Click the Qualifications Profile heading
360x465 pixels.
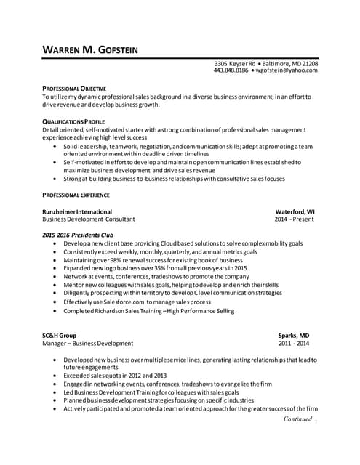[x=73, y=121]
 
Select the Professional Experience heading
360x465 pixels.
[x=76, y=195]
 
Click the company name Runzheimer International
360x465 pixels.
[x=80, y=211]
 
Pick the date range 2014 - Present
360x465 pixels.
[x=294, y=219]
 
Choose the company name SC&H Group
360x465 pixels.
[x=60, y=335]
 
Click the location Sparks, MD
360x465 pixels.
[x=294, y=335]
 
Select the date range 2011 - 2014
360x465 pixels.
[x=293, y=343]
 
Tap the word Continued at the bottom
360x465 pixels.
[x=298, y=419]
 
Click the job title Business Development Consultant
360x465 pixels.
[x=88, y=219]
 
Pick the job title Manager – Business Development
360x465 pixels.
[x=88, y=343]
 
